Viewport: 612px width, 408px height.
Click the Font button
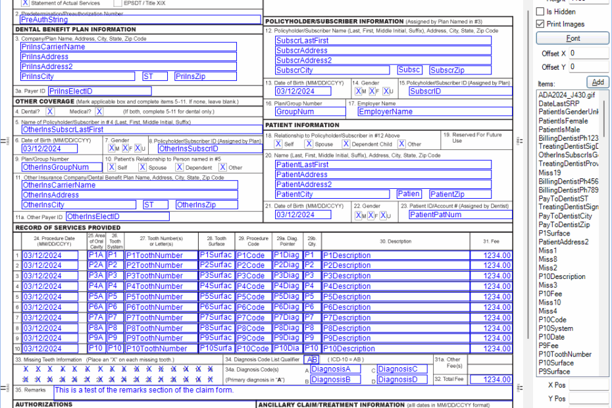tap(573, 38)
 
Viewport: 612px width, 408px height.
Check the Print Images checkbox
tap(540, 24)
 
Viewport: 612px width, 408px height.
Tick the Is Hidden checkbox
tap(540, 12)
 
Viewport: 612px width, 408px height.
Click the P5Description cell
tap(395, 296)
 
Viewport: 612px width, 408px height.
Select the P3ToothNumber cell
tap(161, 276)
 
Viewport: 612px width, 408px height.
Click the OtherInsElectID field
tap(117, 217)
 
